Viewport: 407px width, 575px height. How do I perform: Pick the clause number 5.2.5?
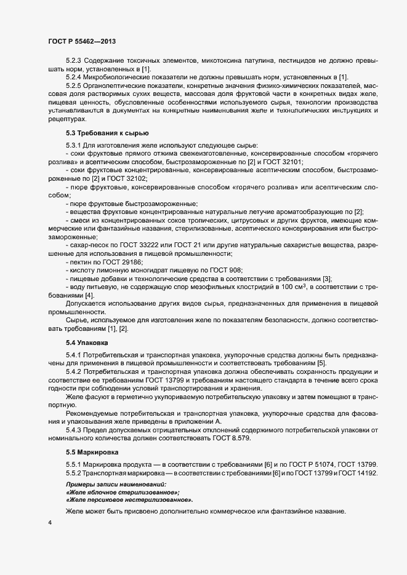click(74, 85)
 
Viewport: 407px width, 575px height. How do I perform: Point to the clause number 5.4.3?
click(74, 429)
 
